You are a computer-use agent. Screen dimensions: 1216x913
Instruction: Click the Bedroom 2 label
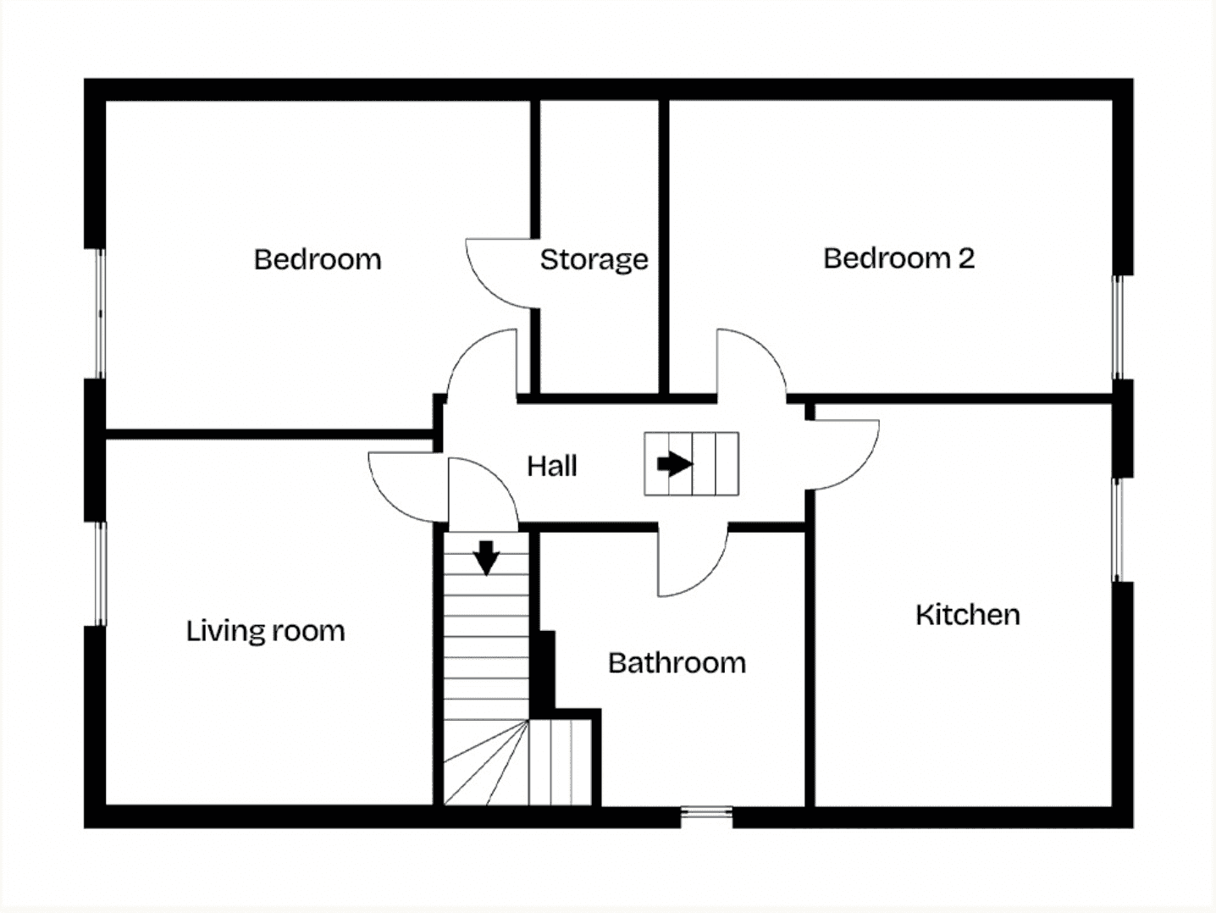pyautogui.click(x=898, y=258)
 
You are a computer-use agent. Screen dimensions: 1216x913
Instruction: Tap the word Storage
pyautogui.click(x=594, y=260)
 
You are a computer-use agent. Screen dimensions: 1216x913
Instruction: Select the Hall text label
pyautogui.click(x=552, y=466)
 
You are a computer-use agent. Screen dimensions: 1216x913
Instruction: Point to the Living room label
pyautogui.click(x=265, y=631)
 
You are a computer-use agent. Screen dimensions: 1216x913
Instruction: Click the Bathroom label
pyautogui.click(x=677, y=662)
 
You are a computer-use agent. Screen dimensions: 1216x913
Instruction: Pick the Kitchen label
pyautogui.click(x=968, y=614)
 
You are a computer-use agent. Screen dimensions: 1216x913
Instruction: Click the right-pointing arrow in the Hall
pyautogui.click(x=675, y=464)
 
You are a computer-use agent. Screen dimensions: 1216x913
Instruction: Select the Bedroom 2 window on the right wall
pyautogui.click(x=1118, y=327)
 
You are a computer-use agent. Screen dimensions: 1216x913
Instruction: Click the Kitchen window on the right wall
pyautogui.click(x=1118, y=529)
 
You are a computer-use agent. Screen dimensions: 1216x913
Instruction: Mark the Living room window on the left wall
pyautogui.click(x=100, y=574)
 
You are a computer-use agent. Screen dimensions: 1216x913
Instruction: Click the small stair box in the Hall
pyautogui.click(x=691, y=464)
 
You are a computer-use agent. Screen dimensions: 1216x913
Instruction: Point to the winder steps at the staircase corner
pyautogui.click(x=486, y=763)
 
